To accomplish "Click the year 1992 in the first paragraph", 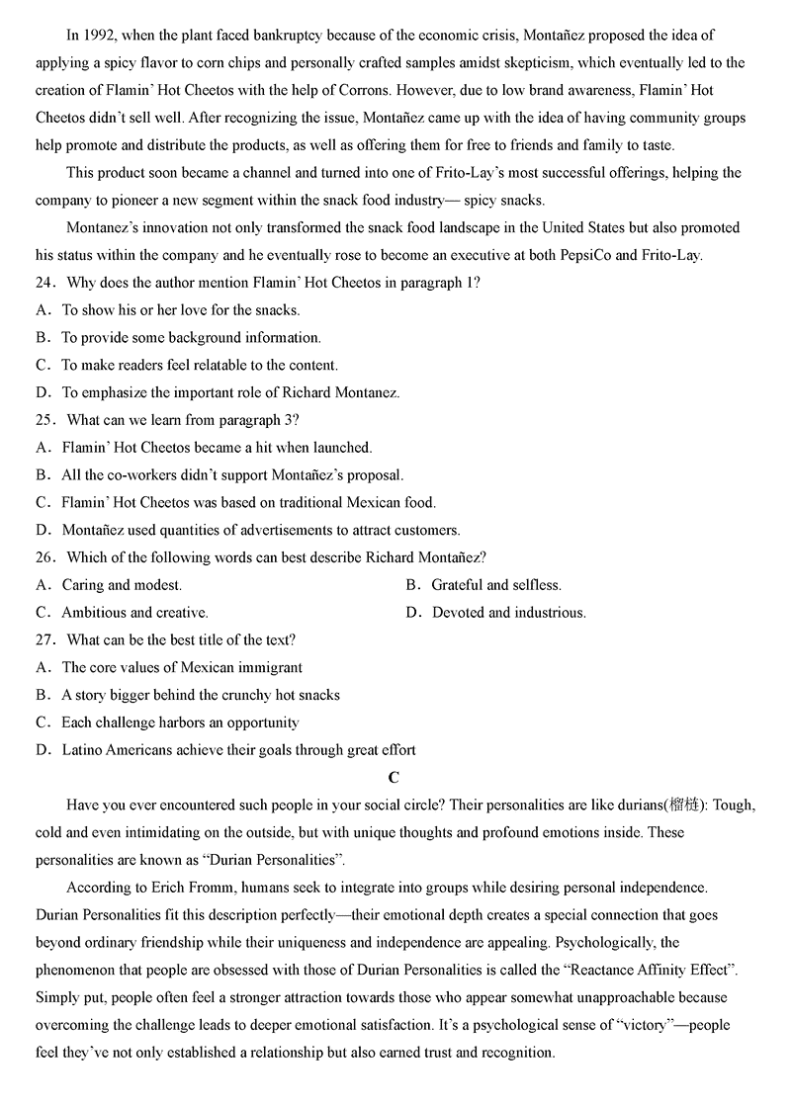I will (98, 36).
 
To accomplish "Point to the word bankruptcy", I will (295, 36).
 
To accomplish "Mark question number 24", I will (44, 283).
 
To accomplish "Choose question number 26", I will (44, 557).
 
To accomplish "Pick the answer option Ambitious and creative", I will (134, 613).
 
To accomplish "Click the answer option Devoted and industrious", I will (508, 613).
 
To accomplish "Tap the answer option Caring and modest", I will (122, 585).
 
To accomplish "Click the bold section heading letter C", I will (394, 778).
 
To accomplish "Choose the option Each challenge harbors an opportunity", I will (180, 722).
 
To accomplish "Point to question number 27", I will (44, 640).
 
